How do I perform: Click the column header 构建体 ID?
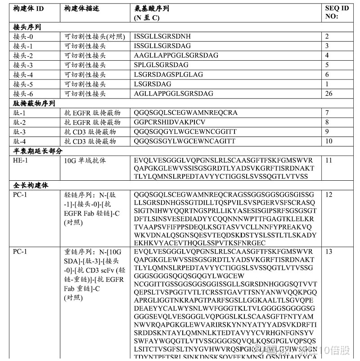click(28, 9)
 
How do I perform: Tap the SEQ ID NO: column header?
click(337, 13)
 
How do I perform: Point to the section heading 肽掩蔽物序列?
click(34, 103)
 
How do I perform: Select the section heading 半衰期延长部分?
click(38, 151)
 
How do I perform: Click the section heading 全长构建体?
click(31, 185)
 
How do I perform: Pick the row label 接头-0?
click(23, 36)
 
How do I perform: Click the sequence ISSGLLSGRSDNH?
click(162, 36)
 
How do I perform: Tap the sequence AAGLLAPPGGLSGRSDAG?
click(176, 55)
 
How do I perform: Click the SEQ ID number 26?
click(329, 94)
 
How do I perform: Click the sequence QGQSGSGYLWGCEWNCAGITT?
click(184, 141)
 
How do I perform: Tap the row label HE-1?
click(20, 160)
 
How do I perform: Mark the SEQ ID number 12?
click(329, 195)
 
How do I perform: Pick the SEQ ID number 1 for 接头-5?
click(327, 84)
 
